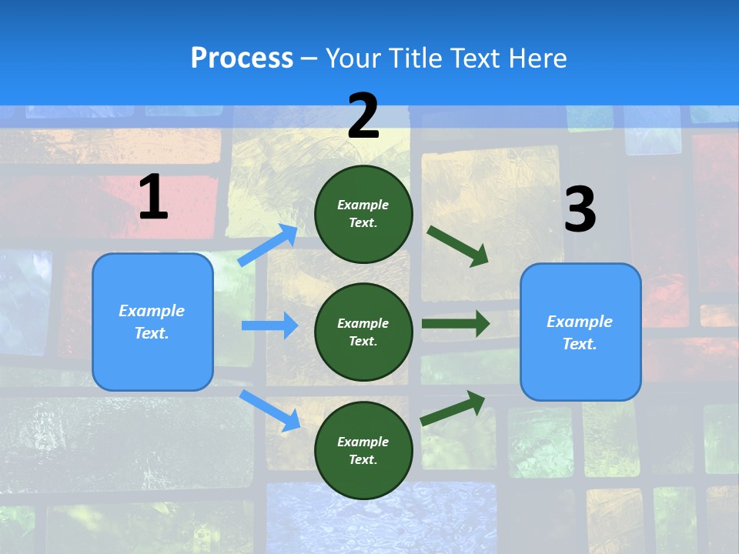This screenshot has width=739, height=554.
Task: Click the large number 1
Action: (x=153, y=197)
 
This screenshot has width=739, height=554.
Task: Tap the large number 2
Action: (x=363, y=116)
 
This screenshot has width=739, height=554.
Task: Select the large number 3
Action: (x=580, y=210)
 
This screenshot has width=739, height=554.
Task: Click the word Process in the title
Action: (x=242, y=58)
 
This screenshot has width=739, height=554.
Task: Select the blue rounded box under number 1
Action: (x=152, y=322)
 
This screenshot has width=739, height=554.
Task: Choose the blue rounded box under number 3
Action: (x=580, y=332)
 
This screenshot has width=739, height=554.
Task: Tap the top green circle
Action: (x=363, y=213)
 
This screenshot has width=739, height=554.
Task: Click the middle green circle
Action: (x=363, y=332)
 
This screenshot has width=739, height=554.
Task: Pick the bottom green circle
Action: (x=363, y=450)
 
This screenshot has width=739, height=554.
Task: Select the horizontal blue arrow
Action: (x=269, y=325)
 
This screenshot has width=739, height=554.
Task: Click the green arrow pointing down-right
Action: (x=458, y=246)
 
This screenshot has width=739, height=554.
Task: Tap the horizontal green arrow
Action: (x=455, y=323)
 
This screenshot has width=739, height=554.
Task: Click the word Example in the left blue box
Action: (x=152, y=311)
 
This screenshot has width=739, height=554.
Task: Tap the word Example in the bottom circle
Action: (x=363, y=442)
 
